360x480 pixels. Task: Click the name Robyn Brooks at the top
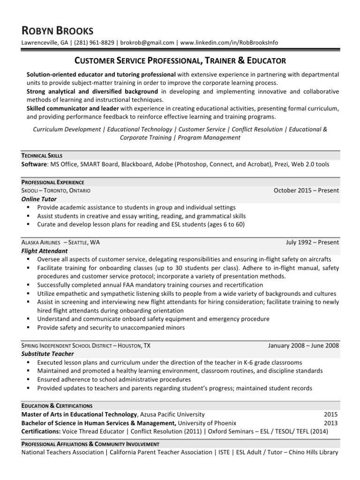coord(58,31)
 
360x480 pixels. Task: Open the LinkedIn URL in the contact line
coord(229,43)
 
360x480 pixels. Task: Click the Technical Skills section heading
coord(42,155)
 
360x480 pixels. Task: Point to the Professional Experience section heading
coord(52,182)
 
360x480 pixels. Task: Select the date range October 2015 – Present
coord(306,191)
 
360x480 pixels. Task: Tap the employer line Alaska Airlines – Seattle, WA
coord(60,242)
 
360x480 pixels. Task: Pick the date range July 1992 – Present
coord(312,242)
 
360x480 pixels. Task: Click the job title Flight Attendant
coord(44,251)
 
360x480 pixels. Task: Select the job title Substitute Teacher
coord(48,354)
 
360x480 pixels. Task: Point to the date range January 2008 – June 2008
coord(303,345)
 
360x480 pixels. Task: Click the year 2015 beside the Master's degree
coord(331,414)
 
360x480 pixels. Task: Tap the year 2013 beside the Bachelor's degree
coord(331,423)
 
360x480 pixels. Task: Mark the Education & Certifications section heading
coord(57,405)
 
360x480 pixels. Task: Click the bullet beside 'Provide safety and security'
coord(29,328)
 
